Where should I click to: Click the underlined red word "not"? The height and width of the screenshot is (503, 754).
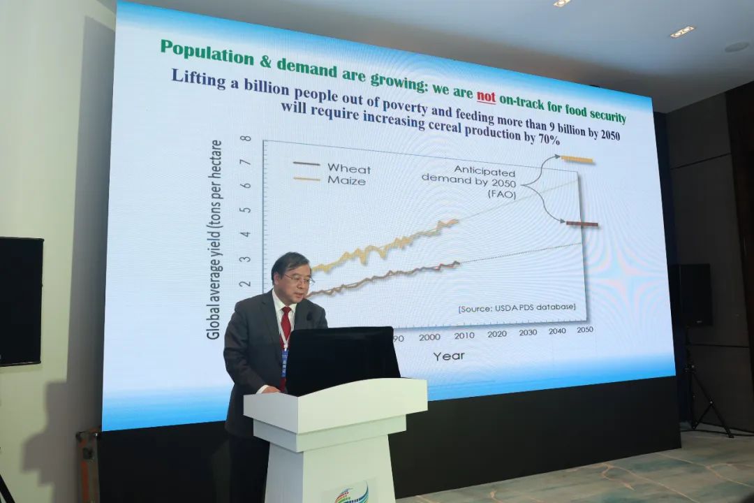coord(486,96)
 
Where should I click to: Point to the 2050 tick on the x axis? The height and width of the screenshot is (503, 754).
coord(585,330)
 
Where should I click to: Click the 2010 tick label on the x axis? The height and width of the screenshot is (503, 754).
coord(464,335)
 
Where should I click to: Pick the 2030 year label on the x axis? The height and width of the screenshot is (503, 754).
coord(528,332)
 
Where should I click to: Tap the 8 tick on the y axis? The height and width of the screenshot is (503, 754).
coord(246,138)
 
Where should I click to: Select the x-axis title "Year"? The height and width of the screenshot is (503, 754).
coord(449,356)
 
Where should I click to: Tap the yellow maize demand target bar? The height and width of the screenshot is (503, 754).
coord(577,159)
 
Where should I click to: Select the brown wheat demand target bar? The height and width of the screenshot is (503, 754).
coord(582,224)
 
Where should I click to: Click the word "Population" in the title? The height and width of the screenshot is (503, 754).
coord(207,52)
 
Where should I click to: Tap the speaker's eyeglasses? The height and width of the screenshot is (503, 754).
coord(299,279)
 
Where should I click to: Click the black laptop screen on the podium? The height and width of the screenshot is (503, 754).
coord(342,360)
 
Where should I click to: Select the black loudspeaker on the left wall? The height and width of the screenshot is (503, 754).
coord(20,301)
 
